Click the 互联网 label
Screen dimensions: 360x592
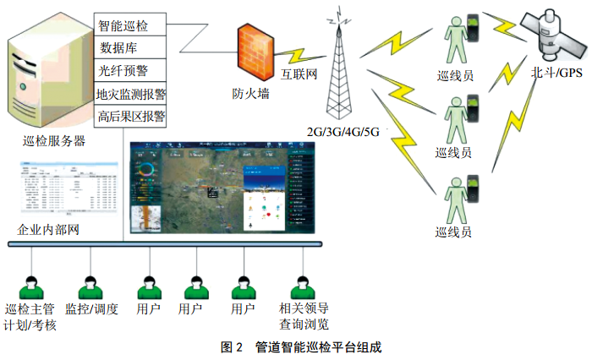pyautogui.click(x=299, y=76)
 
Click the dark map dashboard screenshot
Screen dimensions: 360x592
pyautogui.click(x=223, y=188)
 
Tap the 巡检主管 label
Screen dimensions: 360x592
pyautogui.click(x=30, y=308)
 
